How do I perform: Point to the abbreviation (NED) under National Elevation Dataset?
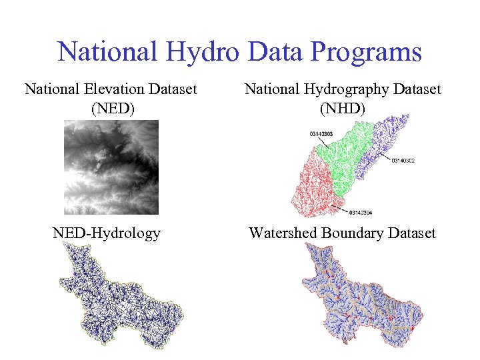coord(111,107)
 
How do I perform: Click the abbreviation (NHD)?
coord(343,107)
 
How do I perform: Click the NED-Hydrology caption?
coord(107,233)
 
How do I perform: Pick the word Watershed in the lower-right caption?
coord(283,233)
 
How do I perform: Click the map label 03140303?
coord(321,134)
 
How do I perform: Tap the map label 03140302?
coord(403,161)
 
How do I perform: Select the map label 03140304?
coord(362,213)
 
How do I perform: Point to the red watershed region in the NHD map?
coord(313,187)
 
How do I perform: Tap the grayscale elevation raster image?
coord(111,167)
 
